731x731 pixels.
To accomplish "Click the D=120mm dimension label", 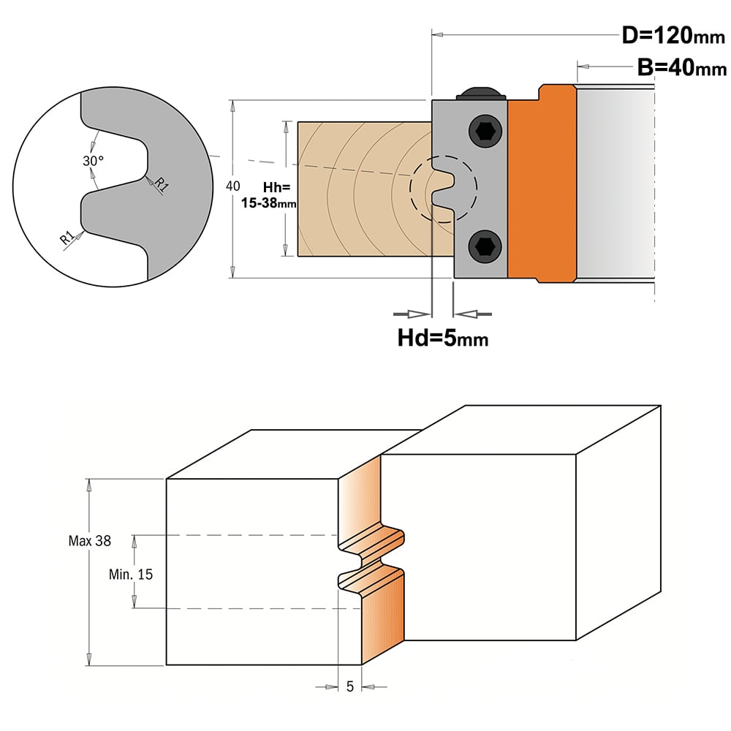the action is pos(673,35).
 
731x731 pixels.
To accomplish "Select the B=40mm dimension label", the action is pos(681,67).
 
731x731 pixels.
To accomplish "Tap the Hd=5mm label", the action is pos(443,338).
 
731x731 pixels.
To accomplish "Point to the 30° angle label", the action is pos(94,161).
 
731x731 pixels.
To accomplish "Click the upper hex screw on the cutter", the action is pos(485,132).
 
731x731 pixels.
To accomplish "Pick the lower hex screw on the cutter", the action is pos(485,246).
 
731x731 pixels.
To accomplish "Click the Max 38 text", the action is pos(89,541).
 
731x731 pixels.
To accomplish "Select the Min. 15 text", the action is pos(131,575).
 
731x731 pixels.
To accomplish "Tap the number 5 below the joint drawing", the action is pos(350,686).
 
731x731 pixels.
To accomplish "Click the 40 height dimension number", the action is pos(233,186).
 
